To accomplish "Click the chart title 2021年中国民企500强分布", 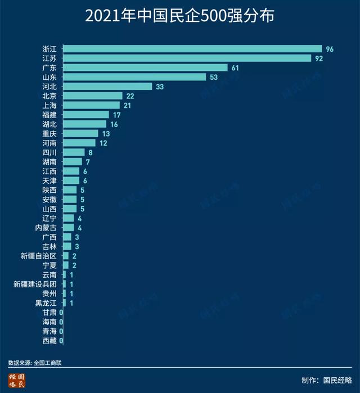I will (x=179, y=16).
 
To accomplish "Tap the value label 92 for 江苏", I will (x=318, y=58).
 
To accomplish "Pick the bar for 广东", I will (x=145, y=67).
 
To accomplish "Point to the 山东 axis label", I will (x=49, y=77).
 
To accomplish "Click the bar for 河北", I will (x=107, y=87).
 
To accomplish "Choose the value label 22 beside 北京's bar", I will (x=129, y=96).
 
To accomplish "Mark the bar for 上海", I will (x=91, y=105).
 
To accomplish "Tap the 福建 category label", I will (x=49, y=115).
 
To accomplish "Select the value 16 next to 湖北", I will (x=113, y=124).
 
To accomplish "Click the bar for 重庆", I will (x=80, y=134).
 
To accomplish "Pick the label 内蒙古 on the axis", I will (x=46, y=228).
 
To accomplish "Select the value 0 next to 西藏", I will (x=61, y=341).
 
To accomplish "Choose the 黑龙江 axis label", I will (x=46, y=303).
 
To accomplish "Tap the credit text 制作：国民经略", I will (x=326, y=380).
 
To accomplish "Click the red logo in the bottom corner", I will (x=16, y=381).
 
